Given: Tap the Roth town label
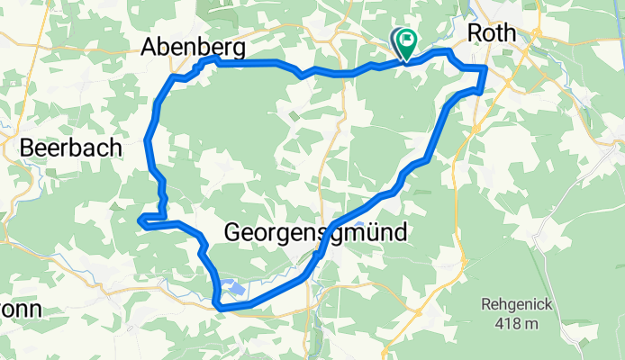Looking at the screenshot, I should click(493, 33).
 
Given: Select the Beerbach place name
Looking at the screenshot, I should click(70, 148).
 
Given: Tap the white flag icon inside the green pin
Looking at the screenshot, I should click(407, 40).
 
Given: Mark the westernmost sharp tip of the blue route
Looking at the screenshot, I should click(138, 219).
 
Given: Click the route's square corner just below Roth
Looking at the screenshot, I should click(485, 68).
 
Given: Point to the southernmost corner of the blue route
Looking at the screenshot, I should click(220, 308).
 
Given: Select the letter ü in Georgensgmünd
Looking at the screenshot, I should click(367, 232).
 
